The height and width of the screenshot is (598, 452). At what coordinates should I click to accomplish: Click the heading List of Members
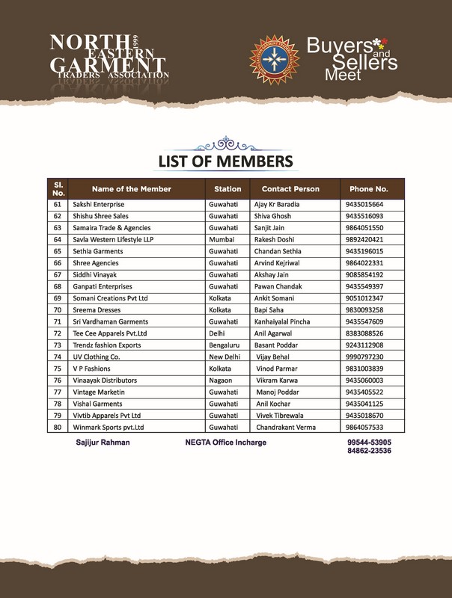coord(225,161)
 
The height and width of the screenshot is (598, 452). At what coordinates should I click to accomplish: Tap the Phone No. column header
coord(367,189)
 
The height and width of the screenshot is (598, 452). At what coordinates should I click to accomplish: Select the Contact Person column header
coord(290,189)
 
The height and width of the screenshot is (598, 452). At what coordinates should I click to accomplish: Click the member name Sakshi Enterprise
coord(99,204)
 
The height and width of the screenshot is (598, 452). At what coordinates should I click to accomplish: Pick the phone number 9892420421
coord(364,239)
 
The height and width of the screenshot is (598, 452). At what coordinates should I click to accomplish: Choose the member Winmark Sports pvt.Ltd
coord(108,427)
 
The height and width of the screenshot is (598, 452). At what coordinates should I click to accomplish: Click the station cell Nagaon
coord(222,380)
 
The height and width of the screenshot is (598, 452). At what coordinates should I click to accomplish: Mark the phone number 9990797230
coord(364,357)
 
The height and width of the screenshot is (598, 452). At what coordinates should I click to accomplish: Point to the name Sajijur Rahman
coord(103,443)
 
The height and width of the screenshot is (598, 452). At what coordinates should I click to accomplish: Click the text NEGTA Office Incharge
coord(225,443)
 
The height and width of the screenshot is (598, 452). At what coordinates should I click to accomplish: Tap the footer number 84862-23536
coord(369,451)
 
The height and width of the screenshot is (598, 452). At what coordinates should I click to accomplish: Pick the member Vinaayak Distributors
coord(105,380)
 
